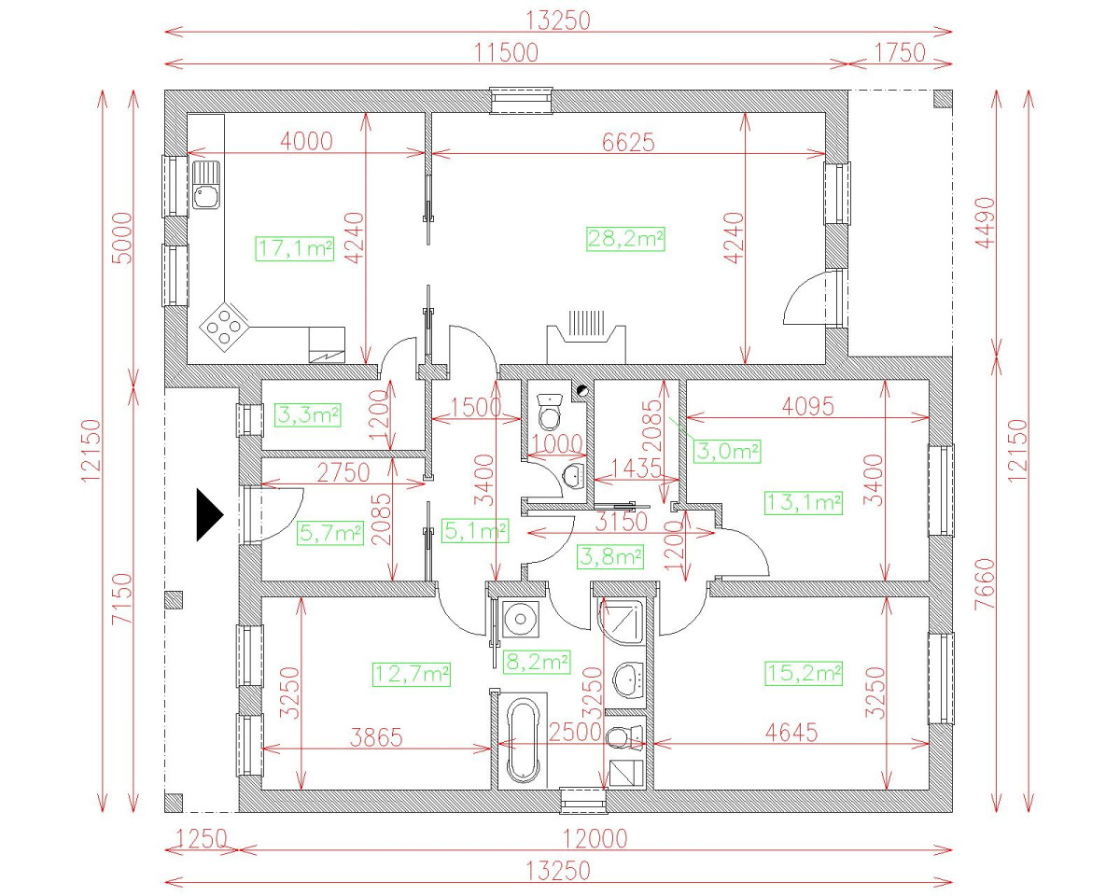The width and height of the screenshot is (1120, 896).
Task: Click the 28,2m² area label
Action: click(x=625, y=239)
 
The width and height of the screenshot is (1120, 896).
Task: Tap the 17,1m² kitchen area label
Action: click(x=295, y=248)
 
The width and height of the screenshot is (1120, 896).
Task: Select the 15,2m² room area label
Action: click(x=804, y=673)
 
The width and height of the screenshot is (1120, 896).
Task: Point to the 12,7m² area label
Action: click(x=412, y=674)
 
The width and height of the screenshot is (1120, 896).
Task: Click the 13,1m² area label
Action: click(x=804, y=502)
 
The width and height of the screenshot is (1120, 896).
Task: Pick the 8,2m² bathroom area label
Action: click(x=538, y=662)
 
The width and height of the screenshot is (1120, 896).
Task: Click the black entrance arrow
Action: click(x=210, y=515)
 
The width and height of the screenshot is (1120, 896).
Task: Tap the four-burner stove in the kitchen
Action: click(x=224, y=327)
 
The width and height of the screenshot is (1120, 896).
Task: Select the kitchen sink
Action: click(x=206, y=185)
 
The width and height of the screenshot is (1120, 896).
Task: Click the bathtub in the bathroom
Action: click(x=523, y=741)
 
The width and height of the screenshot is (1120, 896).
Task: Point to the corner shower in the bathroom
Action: click(x=621, y=623)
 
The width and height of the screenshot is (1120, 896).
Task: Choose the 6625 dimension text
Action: click(x=628, y=142)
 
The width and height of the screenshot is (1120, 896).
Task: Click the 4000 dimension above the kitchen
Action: click(x=306, y=141)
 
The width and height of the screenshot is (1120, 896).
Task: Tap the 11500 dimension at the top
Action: click(x=507, y=52)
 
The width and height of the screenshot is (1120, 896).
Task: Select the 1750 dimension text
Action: click(x=900, y=52)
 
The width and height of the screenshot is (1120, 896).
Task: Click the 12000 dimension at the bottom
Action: click(x=595, y=838)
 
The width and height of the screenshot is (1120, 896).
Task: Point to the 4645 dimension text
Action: click(x=791, y=733)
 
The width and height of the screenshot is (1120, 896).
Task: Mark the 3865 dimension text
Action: click(x=376, y=737)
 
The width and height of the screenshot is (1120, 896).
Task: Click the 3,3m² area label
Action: click(x=308, y=415)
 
